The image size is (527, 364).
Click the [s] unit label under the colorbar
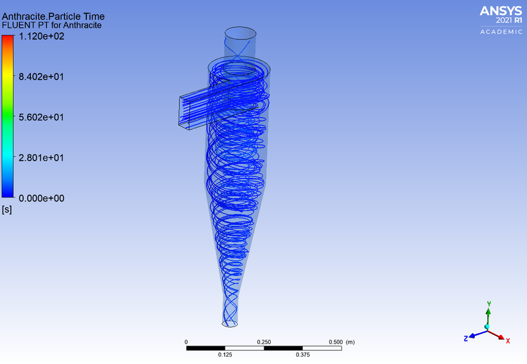[x=7, y=210]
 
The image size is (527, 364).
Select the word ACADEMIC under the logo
[x=500, y=32]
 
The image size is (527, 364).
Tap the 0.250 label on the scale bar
[x=263, y=342]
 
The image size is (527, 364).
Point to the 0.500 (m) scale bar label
[x=341, y=342]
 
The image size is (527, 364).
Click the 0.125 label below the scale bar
[x=225, y=355]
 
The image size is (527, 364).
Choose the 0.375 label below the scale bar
[x=302, y=355]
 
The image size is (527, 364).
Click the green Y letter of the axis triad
[x=488, y=304]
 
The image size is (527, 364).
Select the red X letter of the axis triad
[x=509, y=340]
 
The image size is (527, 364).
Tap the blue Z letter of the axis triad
[x=465, y=338]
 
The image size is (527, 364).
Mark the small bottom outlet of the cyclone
[x=230, y=323]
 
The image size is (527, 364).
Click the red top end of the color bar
[x=8, y=38]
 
